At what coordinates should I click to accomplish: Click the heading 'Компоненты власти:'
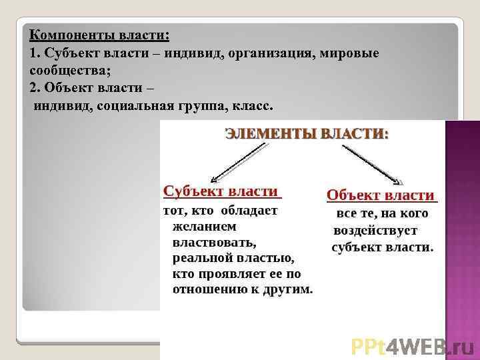(99, 34)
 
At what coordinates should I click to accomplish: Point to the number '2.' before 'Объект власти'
(36, 88)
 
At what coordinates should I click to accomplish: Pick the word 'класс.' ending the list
(253, 106)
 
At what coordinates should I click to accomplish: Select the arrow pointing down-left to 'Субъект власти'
(238, 163)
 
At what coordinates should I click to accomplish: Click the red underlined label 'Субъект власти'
(221, 191)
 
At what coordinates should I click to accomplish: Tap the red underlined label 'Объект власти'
(380, 195)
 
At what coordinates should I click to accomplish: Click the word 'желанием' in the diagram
(200, 226)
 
